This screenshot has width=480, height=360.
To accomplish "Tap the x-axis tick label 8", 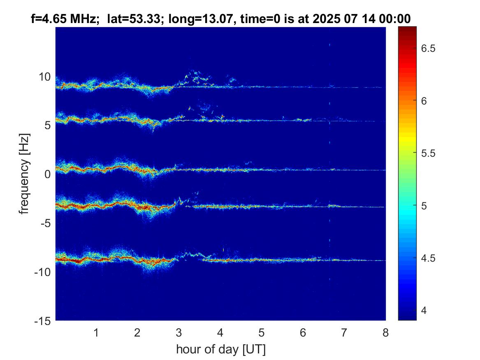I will point(385,332).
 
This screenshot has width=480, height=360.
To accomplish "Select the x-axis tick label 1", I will point(96,332).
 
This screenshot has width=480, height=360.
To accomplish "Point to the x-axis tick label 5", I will point(262,332).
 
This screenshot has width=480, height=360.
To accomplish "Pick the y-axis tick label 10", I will point(45,77).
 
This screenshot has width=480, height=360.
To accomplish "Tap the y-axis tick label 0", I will point(48,174).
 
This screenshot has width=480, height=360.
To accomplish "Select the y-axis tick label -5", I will point(45,223).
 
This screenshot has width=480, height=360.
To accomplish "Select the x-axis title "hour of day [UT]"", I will point(220,349).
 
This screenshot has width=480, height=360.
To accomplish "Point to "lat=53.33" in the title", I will point(133,18).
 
